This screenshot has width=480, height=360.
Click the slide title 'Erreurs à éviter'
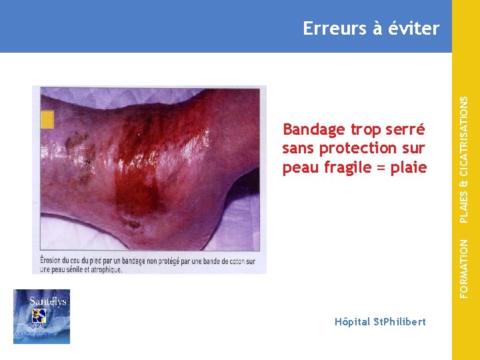pos(371,29)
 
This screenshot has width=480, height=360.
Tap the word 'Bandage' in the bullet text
pos(313,129)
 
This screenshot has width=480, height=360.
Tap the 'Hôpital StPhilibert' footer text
pos(380,322)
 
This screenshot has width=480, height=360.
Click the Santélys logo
pos(41,317)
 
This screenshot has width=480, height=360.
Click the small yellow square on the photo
pos(47,119)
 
